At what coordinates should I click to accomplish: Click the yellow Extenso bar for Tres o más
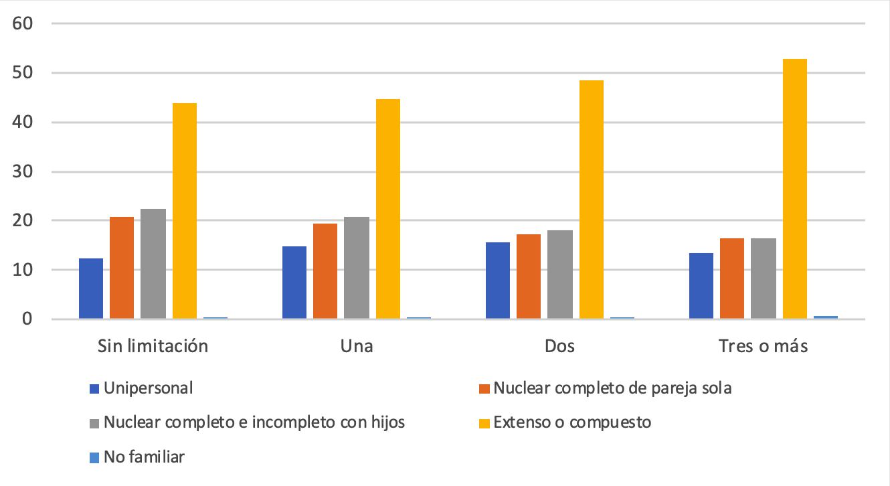click(x=794, y=189)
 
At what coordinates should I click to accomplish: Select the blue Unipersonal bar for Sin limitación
click(x=91, y=289)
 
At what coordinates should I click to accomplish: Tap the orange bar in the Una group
click(x=325, y=271)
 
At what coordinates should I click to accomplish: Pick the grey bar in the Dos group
click(x=560, y=274)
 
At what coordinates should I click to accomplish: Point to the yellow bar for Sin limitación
click(x=184, y=211)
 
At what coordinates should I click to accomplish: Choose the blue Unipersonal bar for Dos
click(x=498, y=280)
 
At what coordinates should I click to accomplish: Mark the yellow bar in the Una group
click(x=387, y=209)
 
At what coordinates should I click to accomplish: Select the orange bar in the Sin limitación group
click(x=122, y=268)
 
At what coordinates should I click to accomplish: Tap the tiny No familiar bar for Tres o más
click(x=825, y=317)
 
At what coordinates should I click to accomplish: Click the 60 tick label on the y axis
click(x=24, y=23)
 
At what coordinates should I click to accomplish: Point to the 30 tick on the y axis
click(x=24, y=172)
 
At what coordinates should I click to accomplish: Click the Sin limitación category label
click(x=153, y=346)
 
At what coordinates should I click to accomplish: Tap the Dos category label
click(x=559, y=346)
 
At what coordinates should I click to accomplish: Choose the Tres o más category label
click(x=763, y=346)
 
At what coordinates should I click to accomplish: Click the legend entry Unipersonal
click(x=148, y=388)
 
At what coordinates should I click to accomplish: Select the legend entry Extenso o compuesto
click(x=572, y=422)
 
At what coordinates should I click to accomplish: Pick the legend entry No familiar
click(x=144, y=457)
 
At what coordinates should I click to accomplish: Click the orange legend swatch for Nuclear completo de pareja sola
click(x=485, y=388)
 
